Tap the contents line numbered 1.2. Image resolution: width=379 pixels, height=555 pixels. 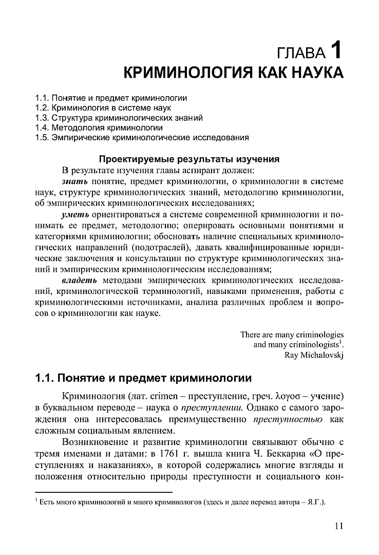coord(103,108)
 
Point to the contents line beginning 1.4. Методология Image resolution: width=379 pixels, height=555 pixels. coord(99,127)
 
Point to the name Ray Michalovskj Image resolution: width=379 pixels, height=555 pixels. coord(314,354)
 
